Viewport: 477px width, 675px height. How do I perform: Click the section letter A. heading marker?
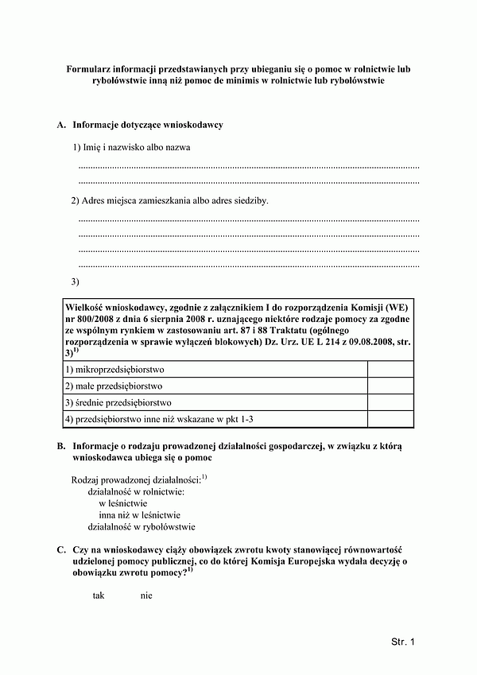tap(61, 126)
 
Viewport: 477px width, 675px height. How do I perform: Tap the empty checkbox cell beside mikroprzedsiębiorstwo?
tap(390, 370)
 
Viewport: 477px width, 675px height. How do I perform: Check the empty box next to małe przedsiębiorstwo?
tap(390, 386)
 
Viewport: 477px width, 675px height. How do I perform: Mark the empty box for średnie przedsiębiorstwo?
tap(390, 402)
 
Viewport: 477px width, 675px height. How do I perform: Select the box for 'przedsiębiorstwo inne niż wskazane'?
tap(390, 419)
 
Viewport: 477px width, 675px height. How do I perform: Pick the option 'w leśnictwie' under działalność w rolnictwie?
tap(123, 503)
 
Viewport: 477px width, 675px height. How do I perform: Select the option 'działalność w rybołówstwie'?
tap(142, 527)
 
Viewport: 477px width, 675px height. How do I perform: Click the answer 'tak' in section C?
tap(99, 595)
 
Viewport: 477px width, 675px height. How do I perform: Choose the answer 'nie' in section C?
tap(145, 595)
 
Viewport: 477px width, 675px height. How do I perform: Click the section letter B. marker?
tap(61, 448)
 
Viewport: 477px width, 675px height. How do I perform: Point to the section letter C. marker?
tap(61, 550)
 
